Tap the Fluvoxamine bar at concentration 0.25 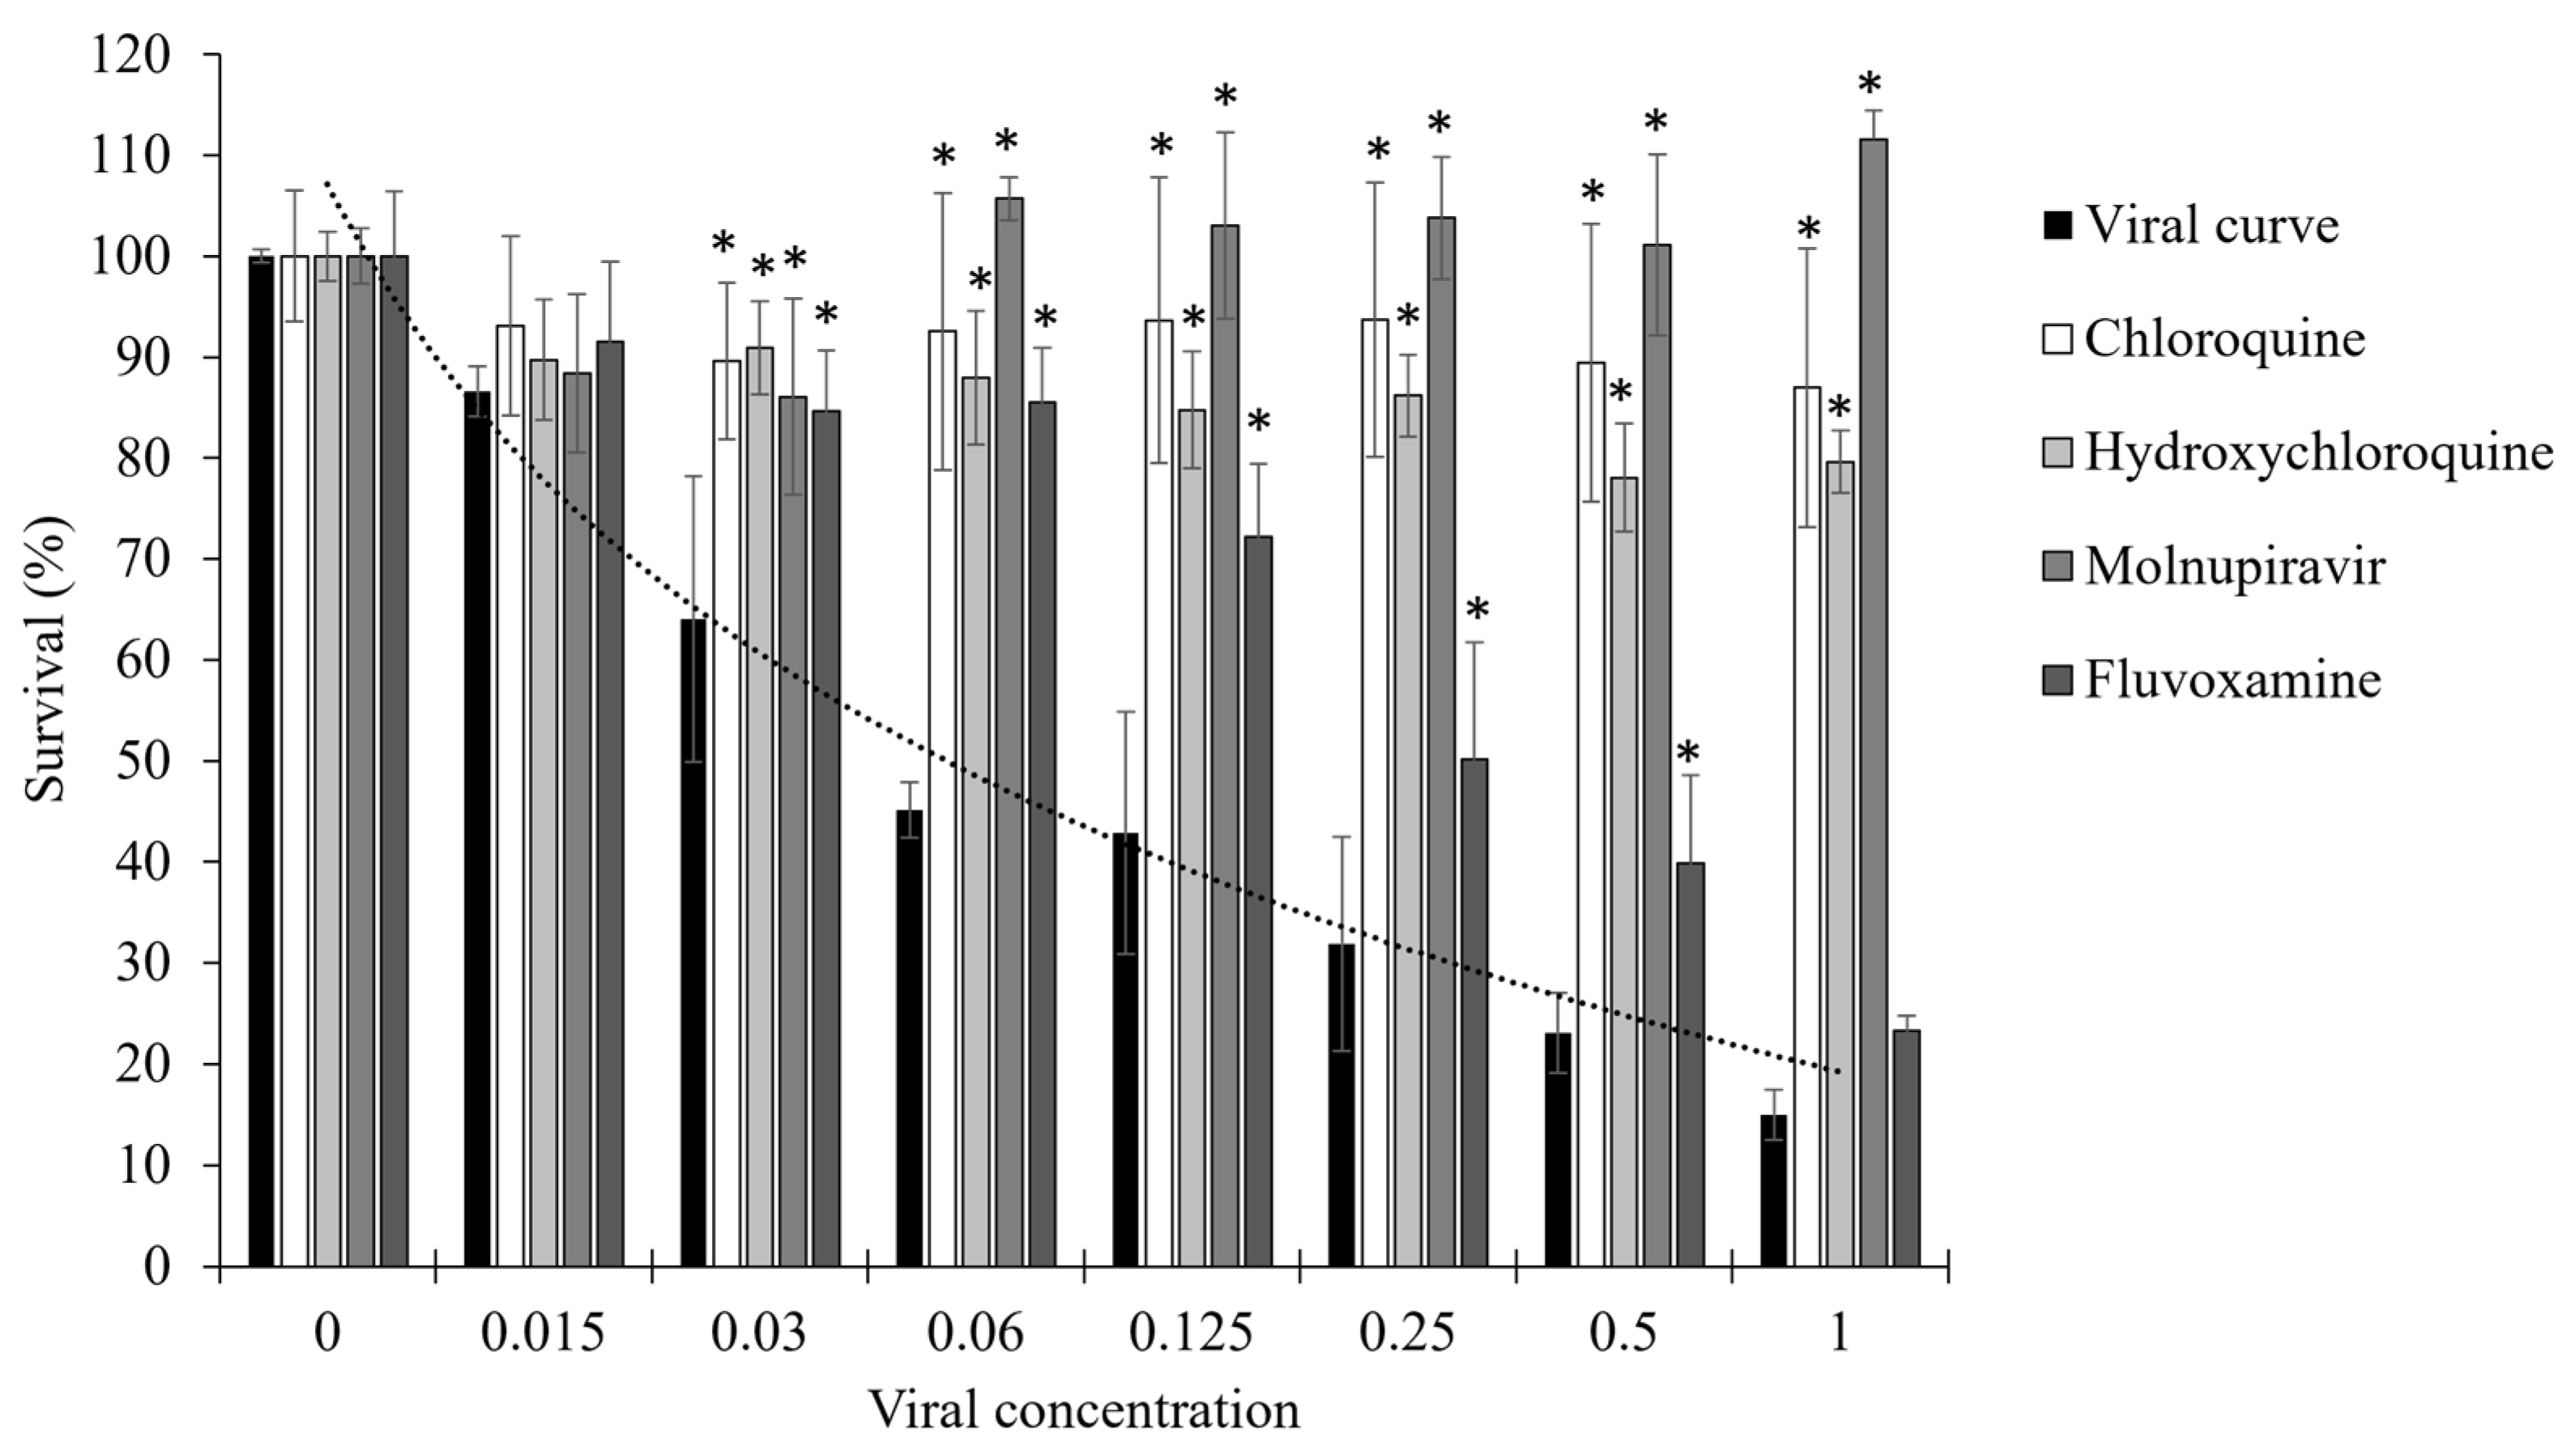1474,1013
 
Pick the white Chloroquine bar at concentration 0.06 942,799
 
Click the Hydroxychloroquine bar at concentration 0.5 1624,872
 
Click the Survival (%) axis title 46,659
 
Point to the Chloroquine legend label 2225,339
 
